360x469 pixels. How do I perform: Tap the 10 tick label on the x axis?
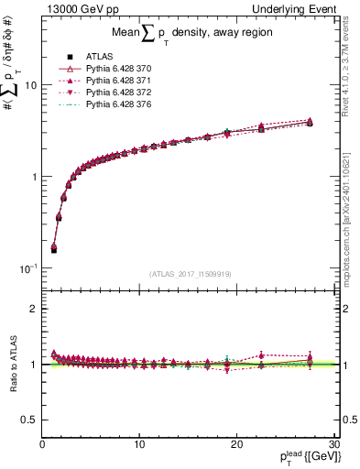tap(138, 444)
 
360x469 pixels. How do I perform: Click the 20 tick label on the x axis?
tap(235, 444)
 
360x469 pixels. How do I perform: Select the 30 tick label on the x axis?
tap(333, 444)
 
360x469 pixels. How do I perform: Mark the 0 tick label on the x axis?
tap(42, 444)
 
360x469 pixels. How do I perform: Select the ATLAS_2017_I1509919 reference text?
tap(191, 274)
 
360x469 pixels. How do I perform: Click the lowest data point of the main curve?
tap(53, 248)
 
